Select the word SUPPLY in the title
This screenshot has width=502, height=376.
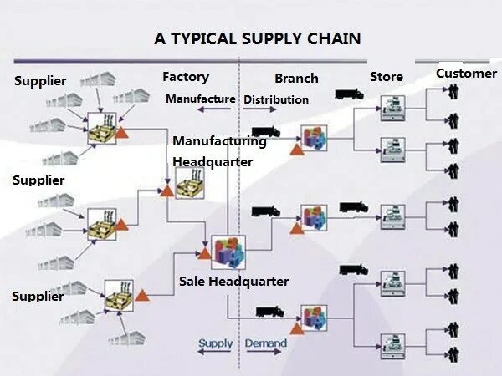click(273, 39)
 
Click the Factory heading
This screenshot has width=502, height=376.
click(185, 77)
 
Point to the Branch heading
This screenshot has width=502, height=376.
click(296, 79)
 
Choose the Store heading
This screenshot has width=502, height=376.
click(387, 78)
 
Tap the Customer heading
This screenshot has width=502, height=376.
click(466, 74)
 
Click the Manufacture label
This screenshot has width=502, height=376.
click(200, 99)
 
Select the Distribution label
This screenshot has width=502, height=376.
click(276, 100)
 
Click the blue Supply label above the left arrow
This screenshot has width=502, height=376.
click(216, 343)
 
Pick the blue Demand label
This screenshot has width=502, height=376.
click(265, 343)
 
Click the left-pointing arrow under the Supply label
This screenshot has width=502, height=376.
click(215, 354)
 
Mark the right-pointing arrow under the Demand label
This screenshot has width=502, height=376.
click(265, 354)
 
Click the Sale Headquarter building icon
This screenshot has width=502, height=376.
click(228, 252)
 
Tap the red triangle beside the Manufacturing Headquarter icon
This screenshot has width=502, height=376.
click(166, 192)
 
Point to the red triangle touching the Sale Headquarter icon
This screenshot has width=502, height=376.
click(205, 252)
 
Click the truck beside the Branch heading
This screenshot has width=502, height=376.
click(349, 94)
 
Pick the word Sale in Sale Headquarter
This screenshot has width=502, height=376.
click(192, 282)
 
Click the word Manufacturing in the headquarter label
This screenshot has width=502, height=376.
click(219, 141)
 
